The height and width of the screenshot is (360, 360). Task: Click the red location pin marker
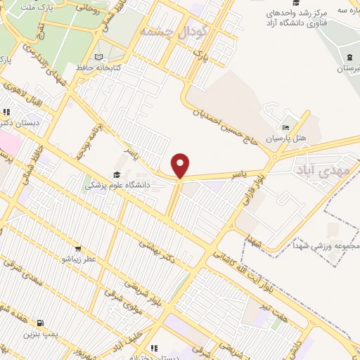tap(181, 165)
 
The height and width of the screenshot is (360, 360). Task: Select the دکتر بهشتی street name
tap(159, 250)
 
